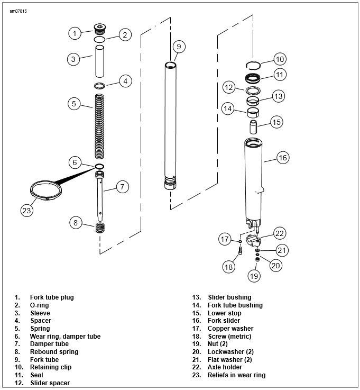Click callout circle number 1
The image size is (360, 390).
(x=75, y=33)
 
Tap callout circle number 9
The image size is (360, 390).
(x=179, y=47)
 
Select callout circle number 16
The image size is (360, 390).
(x=283, y=157)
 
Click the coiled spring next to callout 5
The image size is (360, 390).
(x=99, y=125)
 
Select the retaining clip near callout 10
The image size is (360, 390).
(x=254, y=65)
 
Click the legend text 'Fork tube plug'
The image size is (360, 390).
(x=52, y=297)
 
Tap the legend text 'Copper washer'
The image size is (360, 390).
(x=230, y=329)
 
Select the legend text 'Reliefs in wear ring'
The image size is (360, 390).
(x=236, y=375)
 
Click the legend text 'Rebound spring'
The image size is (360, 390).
(x=54, y=352)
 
